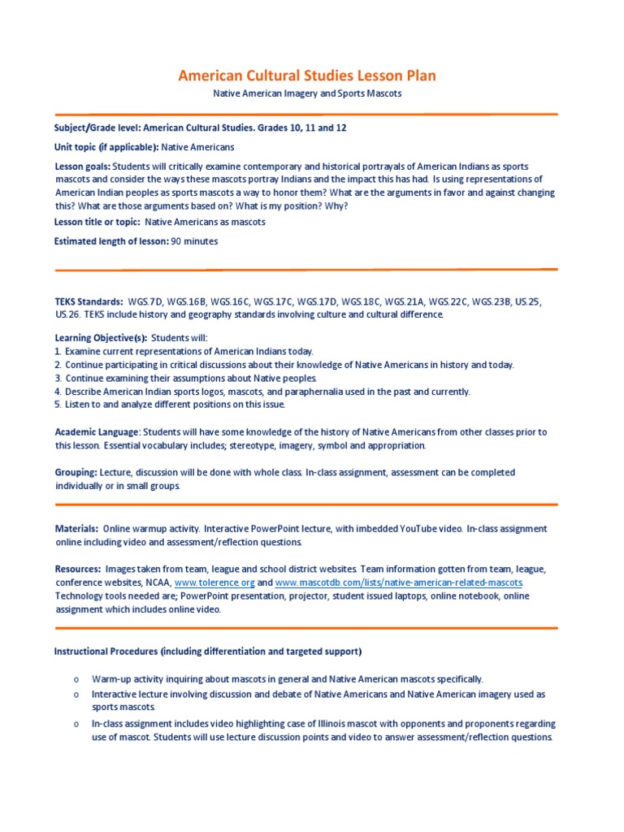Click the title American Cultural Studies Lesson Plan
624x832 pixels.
coord(307,76)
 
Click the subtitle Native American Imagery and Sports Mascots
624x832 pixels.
coord(307,94)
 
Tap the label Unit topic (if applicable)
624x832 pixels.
coord(106,147)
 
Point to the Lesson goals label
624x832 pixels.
coord(82,166)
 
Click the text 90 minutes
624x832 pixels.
coord(194,240)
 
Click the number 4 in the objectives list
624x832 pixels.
coord(58,392)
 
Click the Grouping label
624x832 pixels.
coord(76,472)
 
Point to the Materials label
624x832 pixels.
coord(77,528)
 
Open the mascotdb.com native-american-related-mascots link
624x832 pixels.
coord(400,583)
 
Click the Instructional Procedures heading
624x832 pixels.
coord(208,652)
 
